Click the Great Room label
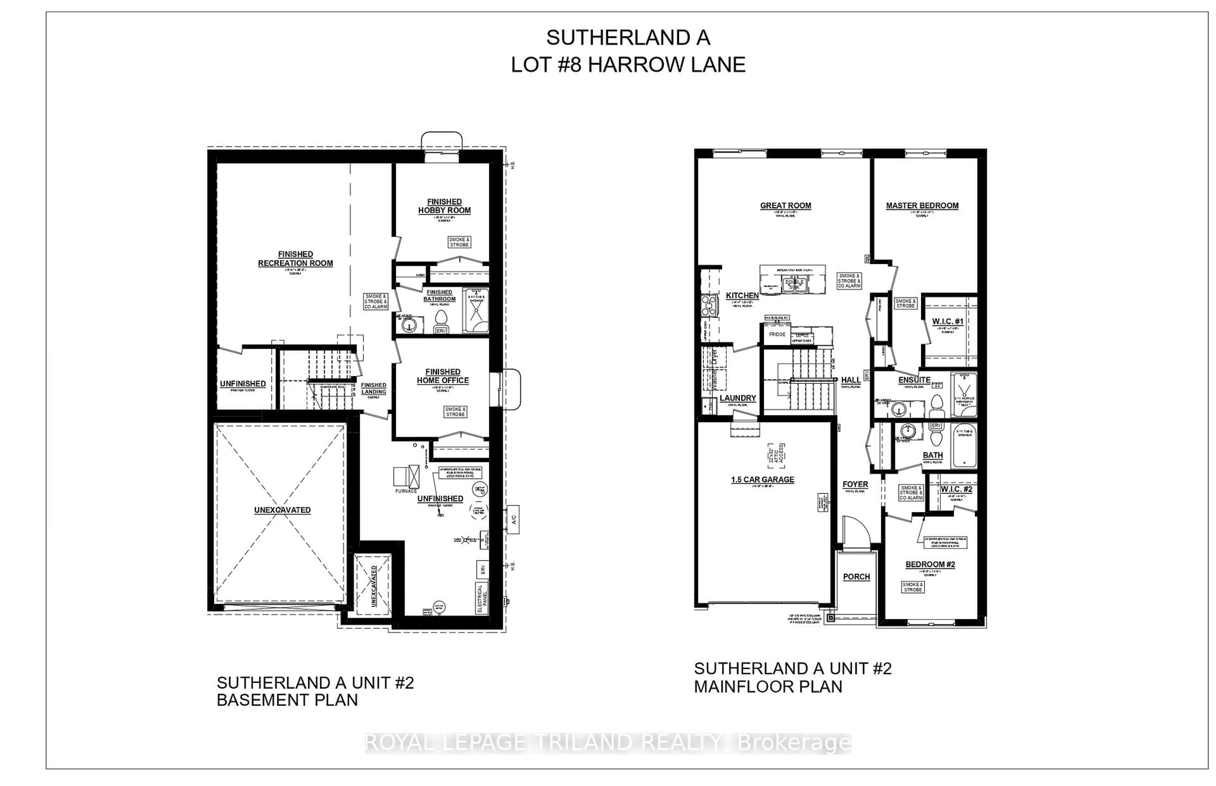785,206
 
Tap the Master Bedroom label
922,206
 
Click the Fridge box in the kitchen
777,334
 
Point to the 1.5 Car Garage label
762,480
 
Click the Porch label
856,577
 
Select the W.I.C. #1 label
947,321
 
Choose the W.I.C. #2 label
956,489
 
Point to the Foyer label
855,484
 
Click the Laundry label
738,398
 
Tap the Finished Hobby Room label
444,206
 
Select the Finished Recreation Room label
295,259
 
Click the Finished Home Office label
442,376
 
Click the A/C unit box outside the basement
513,520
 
